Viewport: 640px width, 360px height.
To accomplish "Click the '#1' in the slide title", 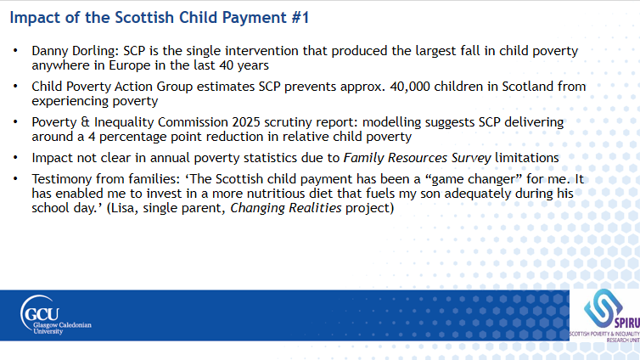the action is [300, 18].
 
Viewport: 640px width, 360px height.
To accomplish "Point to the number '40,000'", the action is [410, 87].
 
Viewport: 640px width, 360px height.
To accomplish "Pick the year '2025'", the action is [246, 122].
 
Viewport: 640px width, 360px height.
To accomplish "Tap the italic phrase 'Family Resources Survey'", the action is [417, 158].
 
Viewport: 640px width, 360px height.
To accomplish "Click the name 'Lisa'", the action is [125, 208].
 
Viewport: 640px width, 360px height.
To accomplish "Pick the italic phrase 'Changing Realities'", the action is [286, 208].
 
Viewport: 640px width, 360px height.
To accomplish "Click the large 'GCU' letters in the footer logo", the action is [42, 314].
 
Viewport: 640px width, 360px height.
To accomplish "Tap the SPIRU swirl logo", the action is [602, 308].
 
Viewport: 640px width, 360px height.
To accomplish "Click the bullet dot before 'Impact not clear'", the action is [15, 157].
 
